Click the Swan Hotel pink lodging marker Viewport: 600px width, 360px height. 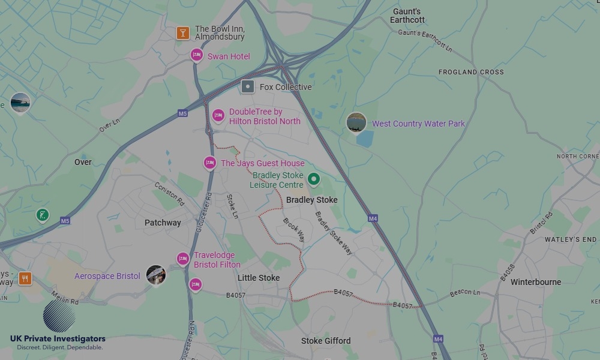click(196, 55)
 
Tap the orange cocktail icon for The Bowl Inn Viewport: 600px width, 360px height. click(183, 33)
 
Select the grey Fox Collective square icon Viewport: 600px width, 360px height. click(248, 86)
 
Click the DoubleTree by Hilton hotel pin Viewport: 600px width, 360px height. click(218, 115)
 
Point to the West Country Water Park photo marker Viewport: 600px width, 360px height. click(356, 122)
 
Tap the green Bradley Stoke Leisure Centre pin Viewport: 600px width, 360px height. click(313, 179)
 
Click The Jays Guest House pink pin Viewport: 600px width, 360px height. click(209, 163)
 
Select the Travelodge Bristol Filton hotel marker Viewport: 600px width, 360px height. click(183, 259)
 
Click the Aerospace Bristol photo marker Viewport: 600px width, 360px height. click(155, 275)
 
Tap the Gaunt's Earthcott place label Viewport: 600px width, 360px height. click(407, 16)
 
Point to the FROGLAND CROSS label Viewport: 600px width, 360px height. click(471, 72)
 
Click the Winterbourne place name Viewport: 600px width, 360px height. click(536, 282)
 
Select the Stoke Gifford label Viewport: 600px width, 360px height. click(326, 341)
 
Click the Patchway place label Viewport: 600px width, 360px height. click(163, 223)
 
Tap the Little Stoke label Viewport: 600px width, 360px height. click(259, 278)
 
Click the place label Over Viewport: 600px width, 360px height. click(83, 162)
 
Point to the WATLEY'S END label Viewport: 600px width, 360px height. click(570, 239)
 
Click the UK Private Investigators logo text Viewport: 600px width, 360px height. click(58, 339)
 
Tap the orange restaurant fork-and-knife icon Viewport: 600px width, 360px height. click(25, 278)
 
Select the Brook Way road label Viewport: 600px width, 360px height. click(294, 229)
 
